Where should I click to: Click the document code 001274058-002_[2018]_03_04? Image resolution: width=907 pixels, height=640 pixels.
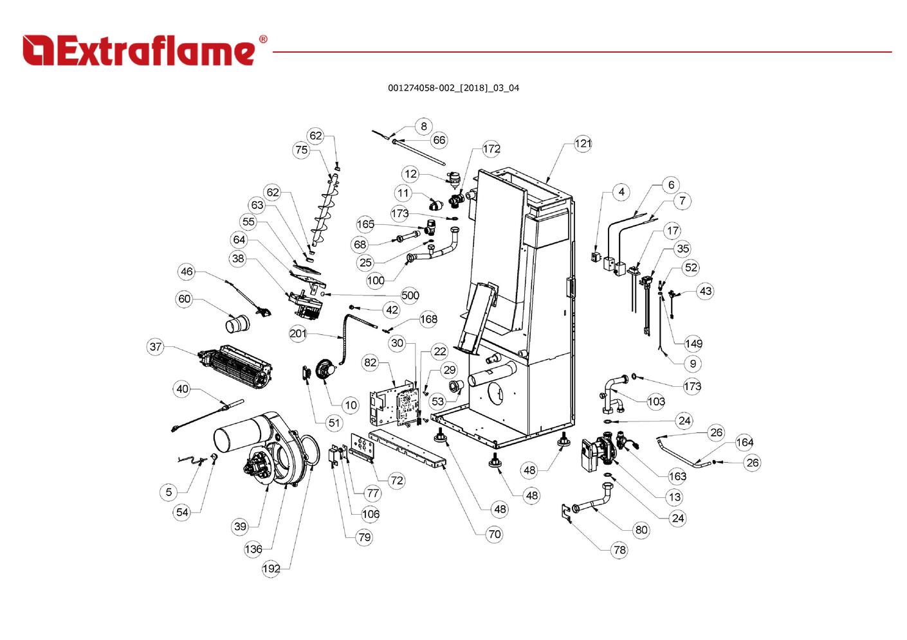coord(453,88)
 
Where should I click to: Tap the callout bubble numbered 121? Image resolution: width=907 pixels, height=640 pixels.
coord(583,143)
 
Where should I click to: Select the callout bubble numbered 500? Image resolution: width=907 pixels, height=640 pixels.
coord(410,296)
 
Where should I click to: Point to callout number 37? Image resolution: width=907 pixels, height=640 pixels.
coord(156,347)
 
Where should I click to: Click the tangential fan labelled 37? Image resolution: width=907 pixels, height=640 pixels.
coord(235,368)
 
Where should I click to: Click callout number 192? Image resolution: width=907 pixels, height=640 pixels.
coord(271,569)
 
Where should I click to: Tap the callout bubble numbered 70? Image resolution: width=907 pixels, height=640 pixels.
coord(494,534)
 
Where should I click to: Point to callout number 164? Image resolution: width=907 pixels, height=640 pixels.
coord(744,442)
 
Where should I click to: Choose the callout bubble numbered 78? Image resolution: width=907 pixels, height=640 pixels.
coord(619,549)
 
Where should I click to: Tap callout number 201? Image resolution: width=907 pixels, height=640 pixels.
coord(298,333)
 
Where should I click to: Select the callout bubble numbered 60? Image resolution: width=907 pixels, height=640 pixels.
coord(185,299)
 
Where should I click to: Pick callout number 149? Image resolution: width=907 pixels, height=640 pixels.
coord(693,343)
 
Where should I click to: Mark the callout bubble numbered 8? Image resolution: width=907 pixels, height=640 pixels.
coord(423,126)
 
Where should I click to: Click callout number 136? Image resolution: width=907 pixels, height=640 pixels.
coord(253,549)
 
